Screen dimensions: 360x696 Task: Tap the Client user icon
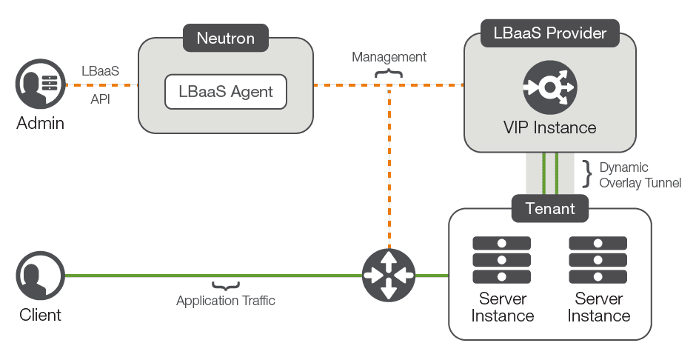(41, 276)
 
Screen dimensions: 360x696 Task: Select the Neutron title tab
(225, 38)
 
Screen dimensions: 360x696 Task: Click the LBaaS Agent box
(225, 92)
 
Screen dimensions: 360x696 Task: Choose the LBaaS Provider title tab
(549, 33)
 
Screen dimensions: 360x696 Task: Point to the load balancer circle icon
(549, 87)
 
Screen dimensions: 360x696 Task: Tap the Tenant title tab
(549, 208)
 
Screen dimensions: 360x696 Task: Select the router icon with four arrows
(389, 275)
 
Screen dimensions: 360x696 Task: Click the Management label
(389, 57)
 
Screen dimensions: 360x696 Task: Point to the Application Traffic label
(226, 301)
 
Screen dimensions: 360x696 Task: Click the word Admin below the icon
(41, 123)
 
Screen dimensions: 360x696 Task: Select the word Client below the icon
(41, 315)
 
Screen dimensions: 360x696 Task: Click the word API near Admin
(100, 99)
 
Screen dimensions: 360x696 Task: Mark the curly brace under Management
(389, 72)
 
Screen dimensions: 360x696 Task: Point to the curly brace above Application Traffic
(226, 286)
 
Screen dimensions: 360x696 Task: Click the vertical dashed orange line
(389, 170)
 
